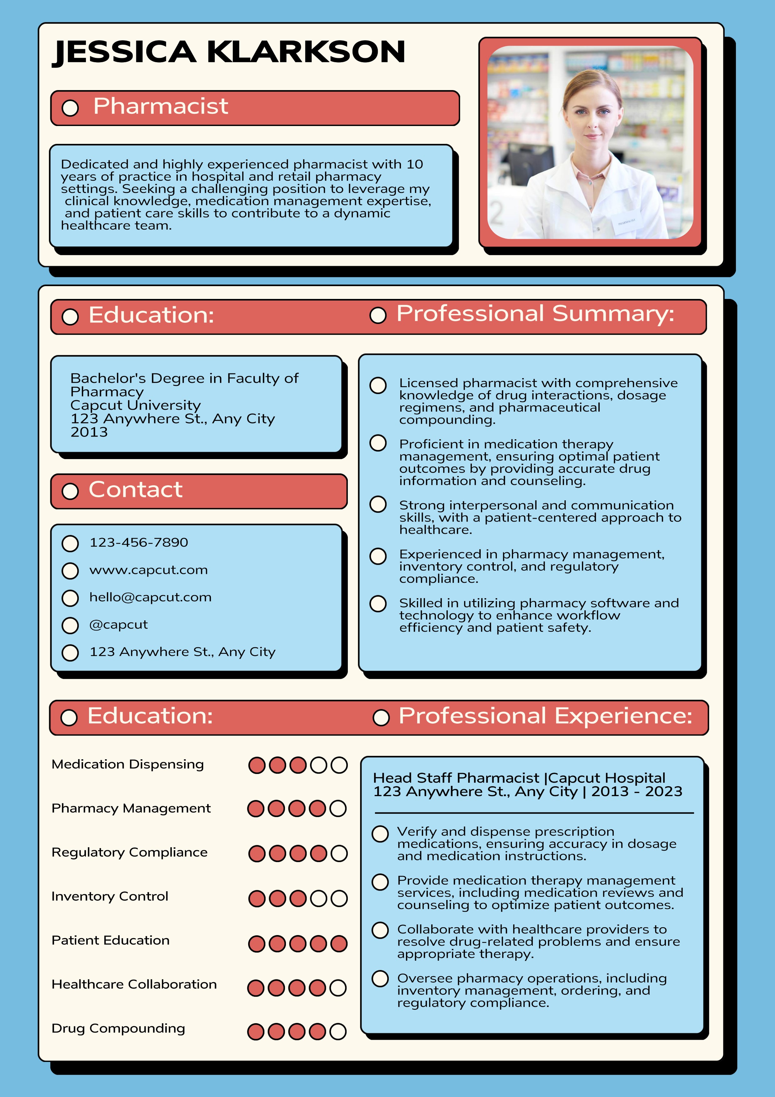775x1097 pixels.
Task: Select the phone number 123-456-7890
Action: click(138, 543)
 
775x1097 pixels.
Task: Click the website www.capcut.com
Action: click(148, 570)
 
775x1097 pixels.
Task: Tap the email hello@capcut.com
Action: click(150, 597)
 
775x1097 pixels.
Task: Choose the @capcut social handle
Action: click(118, 625)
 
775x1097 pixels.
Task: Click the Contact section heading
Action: click(136, 490)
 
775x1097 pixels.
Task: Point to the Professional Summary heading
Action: click(535, 314)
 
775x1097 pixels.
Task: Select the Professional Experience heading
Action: click(545, 716)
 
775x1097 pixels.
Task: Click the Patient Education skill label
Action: click(110, 940)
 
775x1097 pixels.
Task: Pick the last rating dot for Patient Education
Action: click(338, 944)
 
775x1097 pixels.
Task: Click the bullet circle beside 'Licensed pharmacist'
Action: click(378, 386)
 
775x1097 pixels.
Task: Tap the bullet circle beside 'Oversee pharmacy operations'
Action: click(380, 978)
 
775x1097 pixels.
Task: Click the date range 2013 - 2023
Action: click(637, 792)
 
